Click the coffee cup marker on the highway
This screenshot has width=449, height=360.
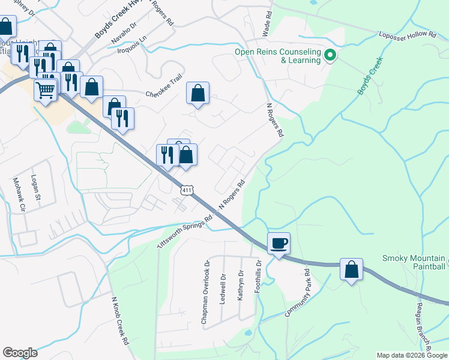click(279, 244)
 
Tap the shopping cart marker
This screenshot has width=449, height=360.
click(46, 91)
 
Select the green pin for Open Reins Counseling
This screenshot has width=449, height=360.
click(330, 56)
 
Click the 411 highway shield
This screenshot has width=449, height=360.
click(187, 190)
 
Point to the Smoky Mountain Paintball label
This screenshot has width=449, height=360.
click(414, 262)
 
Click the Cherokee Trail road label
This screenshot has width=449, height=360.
click(164, 94)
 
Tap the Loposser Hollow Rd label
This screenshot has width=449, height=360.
click(408, 35)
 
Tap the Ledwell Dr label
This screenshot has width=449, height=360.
click(223, 288)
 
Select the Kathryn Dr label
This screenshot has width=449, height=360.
click(241, 286)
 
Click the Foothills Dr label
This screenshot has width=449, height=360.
click(259, 279)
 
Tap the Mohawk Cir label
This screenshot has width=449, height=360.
click(22, 195)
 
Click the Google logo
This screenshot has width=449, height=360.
click(20, 353)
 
